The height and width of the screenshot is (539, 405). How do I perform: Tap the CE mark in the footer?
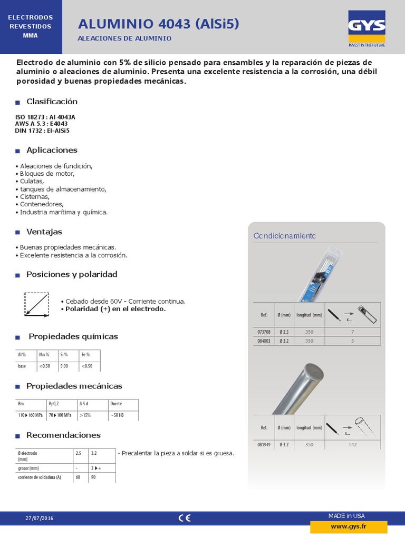pyautogui.click(x=184, y=518)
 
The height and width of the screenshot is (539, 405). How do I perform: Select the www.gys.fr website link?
pyautogui.click(x=349, y=526)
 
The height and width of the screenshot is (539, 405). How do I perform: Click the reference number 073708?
pyautogui.click(x=264, y=332)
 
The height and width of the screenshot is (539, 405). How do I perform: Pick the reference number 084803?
pyautogui.click(x=264, y=341)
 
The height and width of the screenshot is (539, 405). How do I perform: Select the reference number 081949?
pyautogui.click(x=264, y=445)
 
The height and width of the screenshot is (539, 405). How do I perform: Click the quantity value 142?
pyautogui.click(x=353, y=445)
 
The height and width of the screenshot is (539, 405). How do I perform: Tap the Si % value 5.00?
pyautogui.click(x=64, y=366)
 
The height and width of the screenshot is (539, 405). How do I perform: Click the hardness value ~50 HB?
pyautogui.click(x=117, y=415)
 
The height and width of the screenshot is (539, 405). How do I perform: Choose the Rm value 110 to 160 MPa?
pyautogui.click(x=31, y=415)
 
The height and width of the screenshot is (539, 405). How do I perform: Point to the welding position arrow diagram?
pyautogui.click(x=36, y=304)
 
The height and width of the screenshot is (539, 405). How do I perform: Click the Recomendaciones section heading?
pyautogui.click(x=63, y=435)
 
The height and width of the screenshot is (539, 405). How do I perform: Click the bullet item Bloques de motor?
pyautogui.click(x=47, y=174)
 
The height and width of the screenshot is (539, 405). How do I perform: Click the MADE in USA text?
pyautogui.click(x=346, y=515)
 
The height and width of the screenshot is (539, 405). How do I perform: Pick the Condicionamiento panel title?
pyautogui.click(x=285, y=236)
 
